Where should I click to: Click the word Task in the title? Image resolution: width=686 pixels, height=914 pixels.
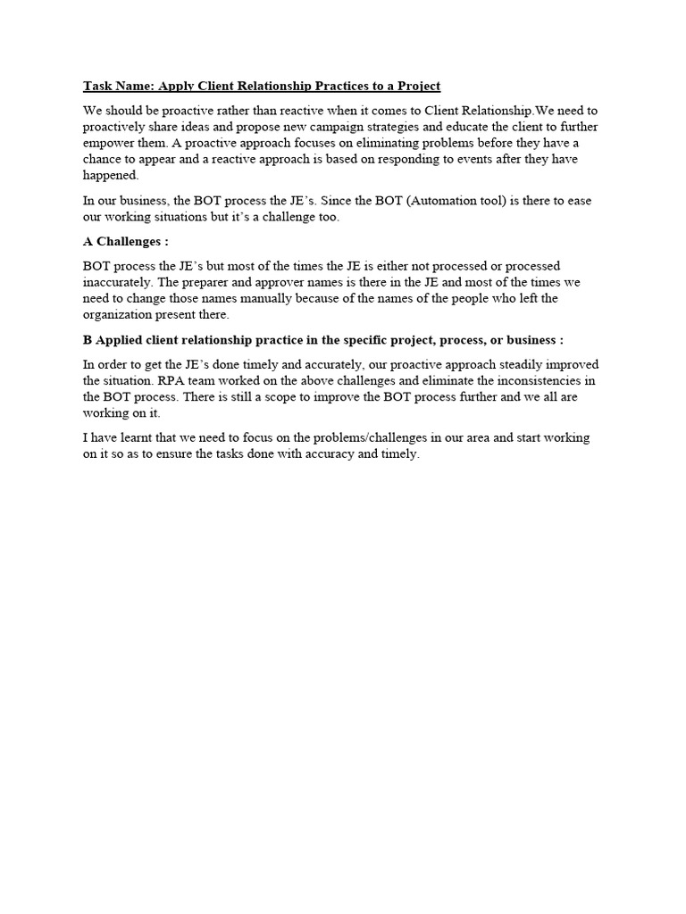pos(98,87)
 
